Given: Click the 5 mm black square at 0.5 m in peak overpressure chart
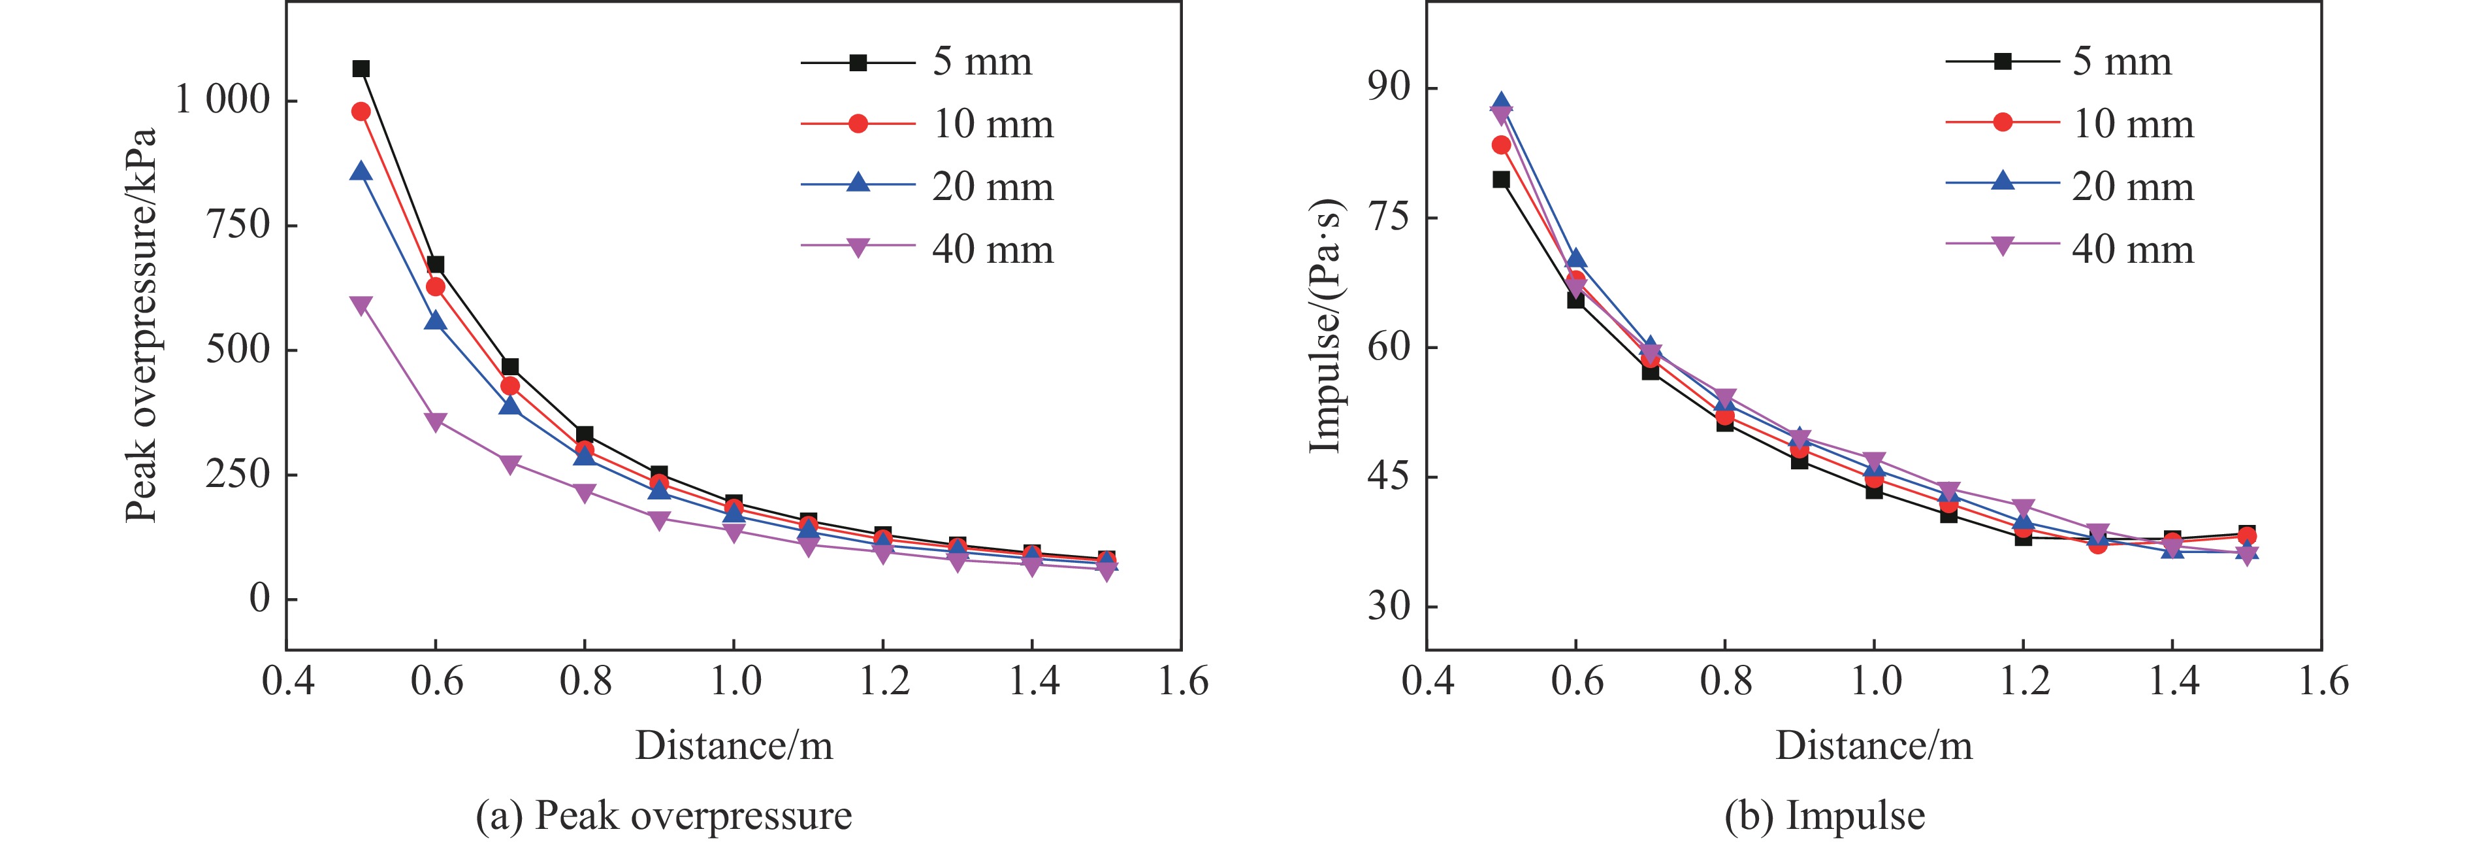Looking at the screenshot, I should click(x=361, y=68).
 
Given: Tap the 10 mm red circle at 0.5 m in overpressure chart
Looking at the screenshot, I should click(x=361, y=111).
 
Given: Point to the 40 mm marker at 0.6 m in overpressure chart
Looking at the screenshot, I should click(x=435, y=422).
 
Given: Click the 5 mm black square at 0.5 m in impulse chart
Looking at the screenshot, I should click(x=1501, y=179).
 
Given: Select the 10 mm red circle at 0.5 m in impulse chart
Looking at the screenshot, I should click(x=1501, y=145).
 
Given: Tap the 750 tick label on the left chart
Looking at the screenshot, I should click(x=238, y=224).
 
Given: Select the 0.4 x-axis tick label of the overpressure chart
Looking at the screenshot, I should click(x=287, y=681).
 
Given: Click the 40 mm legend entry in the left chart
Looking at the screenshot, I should click(x=992, y=249).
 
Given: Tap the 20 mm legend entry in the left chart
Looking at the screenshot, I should click(x=992, y=186).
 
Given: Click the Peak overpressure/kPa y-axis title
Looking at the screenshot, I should click(x=141, y=326).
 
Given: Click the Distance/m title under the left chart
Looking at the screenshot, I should click(x=734, y=746).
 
